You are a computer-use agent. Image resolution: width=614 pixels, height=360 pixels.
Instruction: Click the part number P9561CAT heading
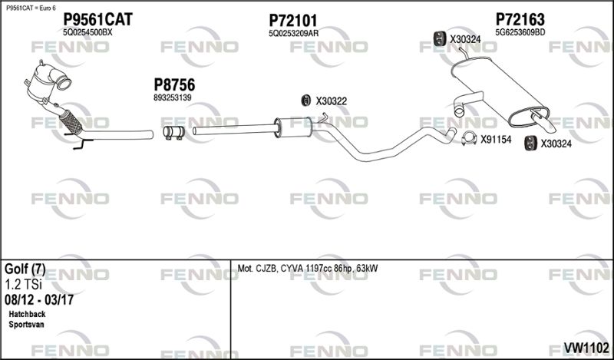click(97, 20)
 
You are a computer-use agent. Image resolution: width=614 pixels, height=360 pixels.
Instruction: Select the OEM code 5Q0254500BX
click(87, 33)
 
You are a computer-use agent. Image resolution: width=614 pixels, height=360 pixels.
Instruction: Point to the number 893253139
click(172, 98)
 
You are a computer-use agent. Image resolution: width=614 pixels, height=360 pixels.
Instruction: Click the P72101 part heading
click(293, 20)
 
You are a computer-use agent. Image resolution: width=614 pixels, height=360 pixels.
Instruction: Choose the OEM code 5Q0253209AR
click(294, 33)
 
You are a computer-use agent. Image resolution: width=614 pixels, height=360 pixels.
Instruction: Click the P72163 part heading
click(520, 19)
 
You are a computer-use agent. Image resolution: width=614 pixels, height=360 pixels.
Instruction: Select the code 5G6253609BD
click(520, 32)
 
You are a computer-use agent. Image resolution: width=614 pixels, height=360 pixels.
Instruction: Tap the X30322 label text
click(332, 101)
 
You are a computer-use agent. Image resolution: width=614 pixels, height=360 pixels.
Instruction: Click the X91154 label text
click(496, 139)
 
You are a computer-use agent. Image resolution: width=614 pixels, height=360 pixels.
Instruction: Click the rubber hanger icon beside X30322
click(305, 100)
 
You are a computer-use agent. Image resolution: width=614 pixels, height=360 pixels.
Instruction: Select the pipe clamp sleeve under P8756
click(172, 134)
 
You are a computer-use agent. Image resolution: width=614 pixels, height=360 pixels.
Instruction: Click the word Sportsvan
click(27, 325)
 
